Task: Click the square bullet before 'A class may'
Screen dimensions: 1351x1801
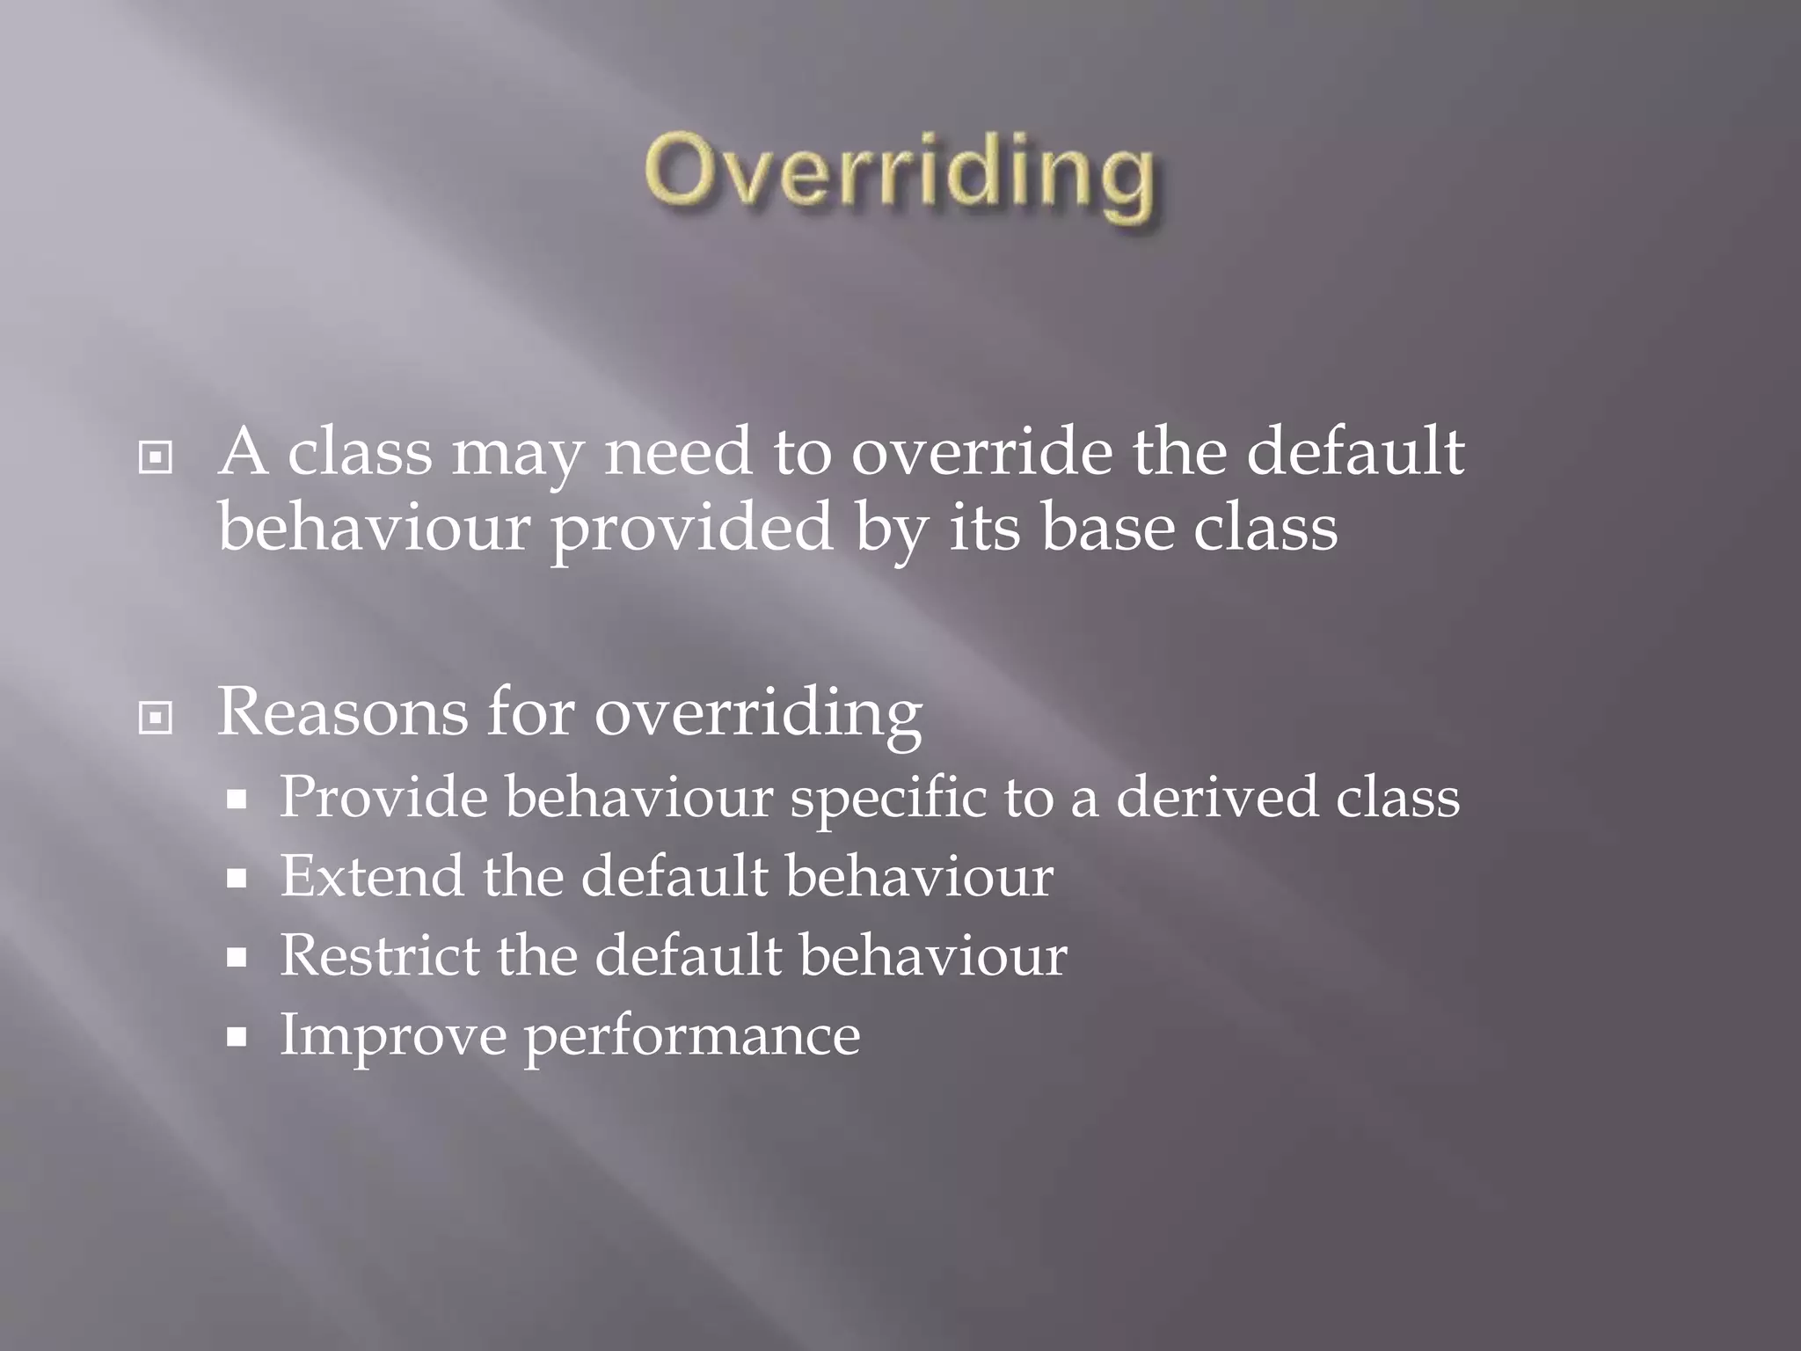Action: coord(156,457)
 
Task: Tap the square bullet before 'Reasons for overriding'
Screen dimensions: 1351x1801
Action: coord(156,719)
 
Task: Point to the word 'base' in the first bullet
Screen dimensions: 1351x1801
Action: coord(1107,528)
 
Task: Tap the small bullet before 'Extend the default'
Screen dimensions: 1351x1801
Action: coord(236,879)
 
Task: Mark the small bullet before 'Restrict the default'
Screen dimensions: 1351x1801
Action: coord(236,958)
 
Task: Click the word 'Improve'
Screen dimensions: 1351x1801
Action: coord(393,1036)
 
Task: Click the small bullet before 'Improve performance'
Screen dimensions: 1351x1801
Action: coord(236,1037)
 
